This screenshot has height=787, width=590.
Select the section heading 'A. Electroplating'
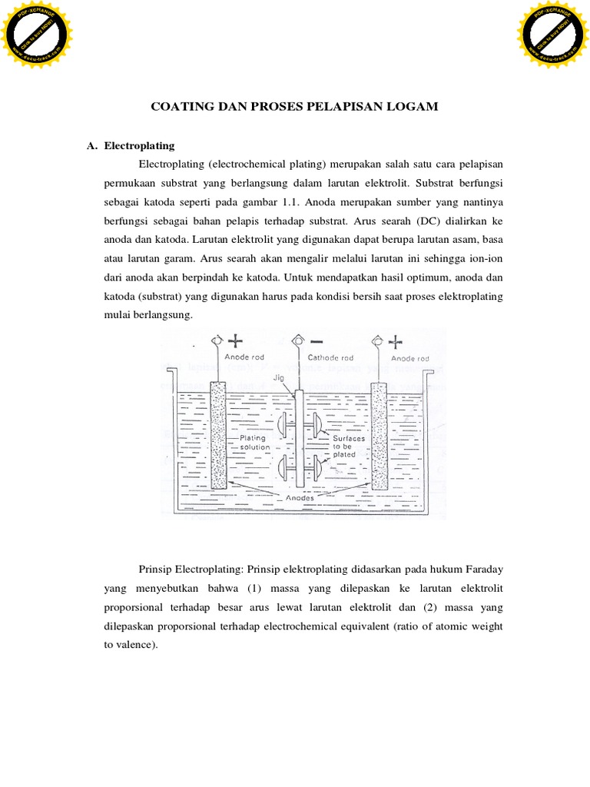pos(131,145)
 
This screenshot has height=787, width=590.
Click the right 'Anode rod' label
pos(410,357)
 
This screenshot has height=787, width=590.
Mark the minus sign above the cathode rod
pos(317,340)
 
